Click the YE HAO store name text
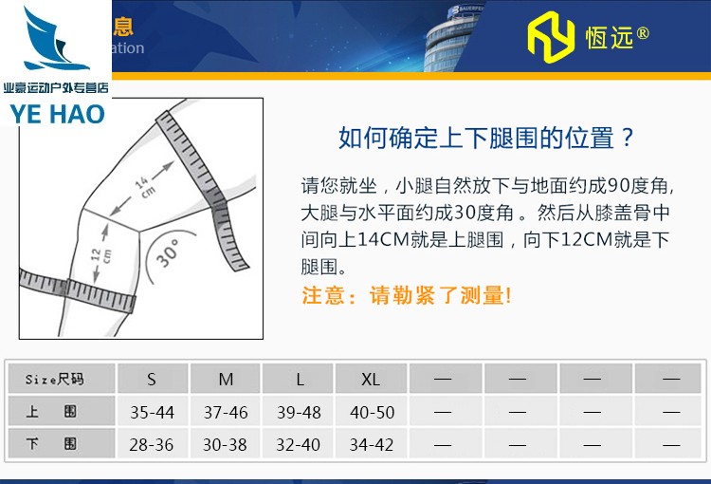(x=56, y=111)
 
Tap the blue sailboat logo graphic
(x=56, y=43)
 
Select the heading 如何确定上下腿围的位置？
(x=486, y=139)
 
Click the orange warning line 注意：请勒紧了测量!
(x=406, y=295)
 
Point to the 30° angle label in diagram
(x=169, y=252)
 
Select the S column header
(x=152, y=380)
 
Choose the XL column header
(x=371, y=380)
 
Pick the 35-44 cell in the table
(x=152, y=413)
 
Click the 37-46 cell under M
(x=226, y=413)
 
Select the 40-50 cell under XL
(x=371, y=413)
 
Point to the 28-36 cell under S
(x=152, y=444)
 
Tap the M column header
(x=226, y=380)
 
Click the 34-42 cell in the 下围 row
(x=371, y=444)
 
